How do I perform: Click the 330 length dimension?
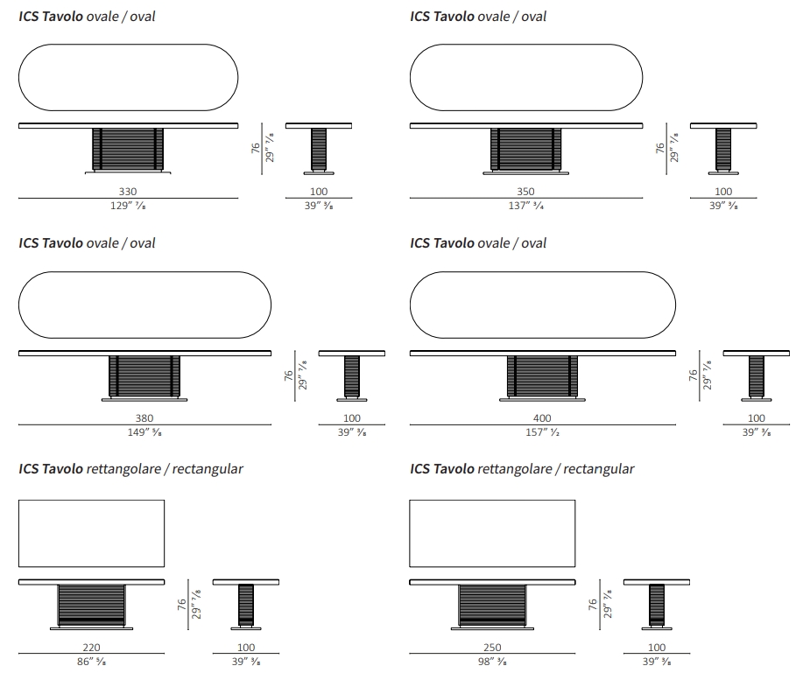point(128,191)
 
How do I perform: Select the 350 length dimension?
point(525,191)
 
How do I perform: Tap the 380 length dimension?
point(144,418)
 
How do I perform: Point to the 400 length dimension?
point(542,418)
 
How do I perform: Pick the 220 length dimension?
point(91,647)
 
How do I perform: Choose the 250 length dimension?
point(492,647)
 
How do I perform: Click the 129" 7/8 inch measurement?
point(128,206)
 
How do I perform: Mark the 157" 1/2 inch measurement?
point(542,432)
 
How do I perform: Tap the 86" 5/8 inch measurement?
point(91,662)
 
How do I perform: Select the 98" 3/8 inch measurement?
point(492,662)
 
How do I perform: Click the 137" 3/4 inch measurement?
point(526,206)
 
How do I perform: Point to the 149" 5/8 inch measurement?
point(144,432)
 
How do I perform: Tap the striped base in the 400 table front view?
point(542,375)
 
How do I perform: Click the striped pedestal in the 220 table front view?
point(91,605)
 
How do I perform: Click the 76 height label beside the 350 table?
point(659,148)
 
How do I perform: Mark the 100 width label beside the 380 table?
point(352,418)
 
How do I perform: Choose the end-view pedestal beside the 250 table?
point(657,605)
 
